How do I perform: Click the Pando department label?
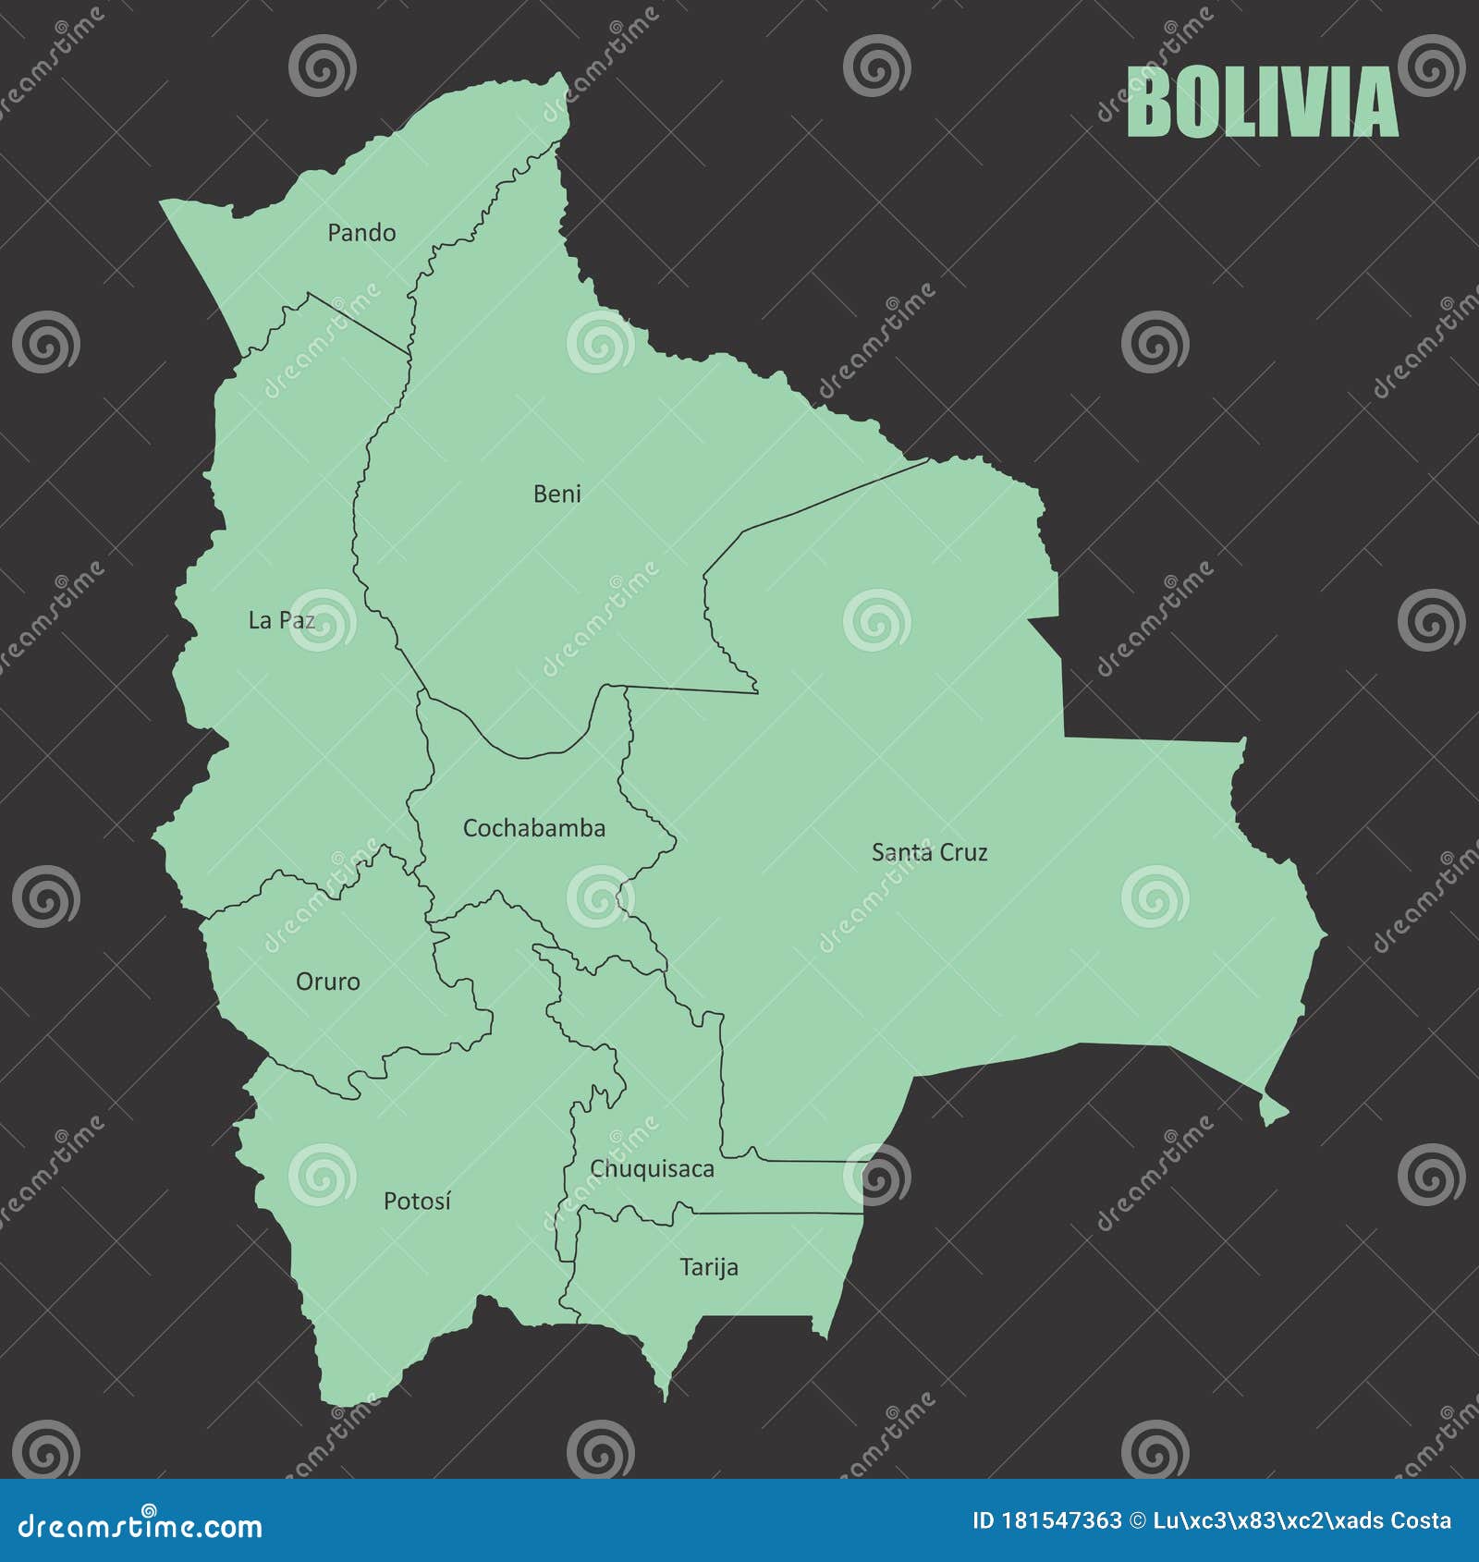click(361, 233)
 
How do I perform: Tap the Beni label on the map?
click(556, 494)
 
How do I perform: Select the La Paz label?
click(281, 620)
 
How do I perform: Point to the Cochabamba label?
click(533, 828)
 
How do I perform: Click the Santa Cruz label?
click(929, 852)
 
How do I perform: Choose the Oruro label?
click(327, 982)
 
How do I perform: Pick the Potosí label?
click(417, 1202)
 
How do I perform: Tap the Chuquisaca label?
click(652, 1169)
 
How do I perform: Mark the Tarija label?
click(709, 1267)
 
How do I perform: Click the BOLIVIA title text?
click(1262, 103)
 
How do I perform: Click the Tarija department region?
click(739, 1294)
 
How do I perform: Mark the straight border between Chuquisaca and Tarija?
click(776, 1213)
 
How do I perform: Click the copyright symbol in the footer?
click(1138, 1520)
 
